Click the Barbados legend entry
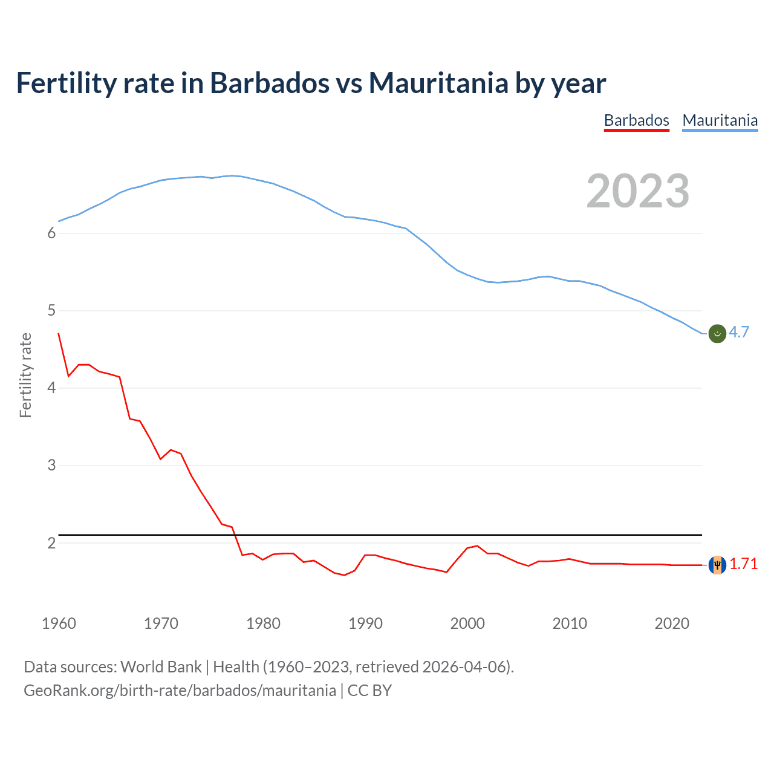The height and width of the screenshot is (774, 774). click(636, 120)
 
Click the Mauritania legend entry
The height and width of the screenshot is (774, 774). click(720, 120)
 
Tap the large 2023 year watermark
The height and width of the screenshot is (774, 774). click(637, 191)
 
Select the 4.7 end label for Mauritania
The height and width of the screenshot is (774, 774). click(738, 332)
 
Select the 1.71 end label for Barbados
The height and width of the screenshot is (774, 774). click(743, 564)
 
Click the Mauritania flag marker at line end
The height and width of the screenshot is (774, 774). click(717, 333)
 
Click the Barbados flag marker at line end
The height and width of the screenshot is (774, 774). click(717, 565)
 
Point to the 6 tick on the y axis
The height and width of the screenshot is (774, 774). click(51, 233)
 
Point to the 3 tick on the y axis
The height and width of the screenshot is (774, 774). click(51, 466)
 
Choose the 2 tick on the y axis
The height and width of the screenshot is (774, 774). click(51, 543)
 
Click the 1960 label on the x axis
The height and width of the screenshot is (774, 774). click(59, 623)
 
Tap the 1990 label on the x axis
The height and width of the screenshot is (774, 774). click(365, 623)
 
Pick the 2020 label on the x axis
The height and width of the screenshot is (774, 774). click(672, 623)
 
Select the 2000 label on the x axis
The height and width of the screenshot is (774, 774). click(467, 623)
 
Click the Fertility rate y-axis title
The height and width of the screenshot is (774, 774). click(25, 375)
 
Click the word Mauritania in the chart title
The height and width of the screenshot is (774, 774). click(438, 83)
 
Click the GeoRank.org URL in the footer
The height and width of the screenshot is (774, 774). click(180, 691)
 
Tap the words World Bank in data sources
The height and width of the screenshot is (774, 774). click(161, 667)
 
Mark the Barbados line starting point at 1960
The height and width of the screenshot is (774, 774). click(59, 333)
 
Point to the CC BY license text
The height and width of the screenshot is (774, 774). click(369, 691)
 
